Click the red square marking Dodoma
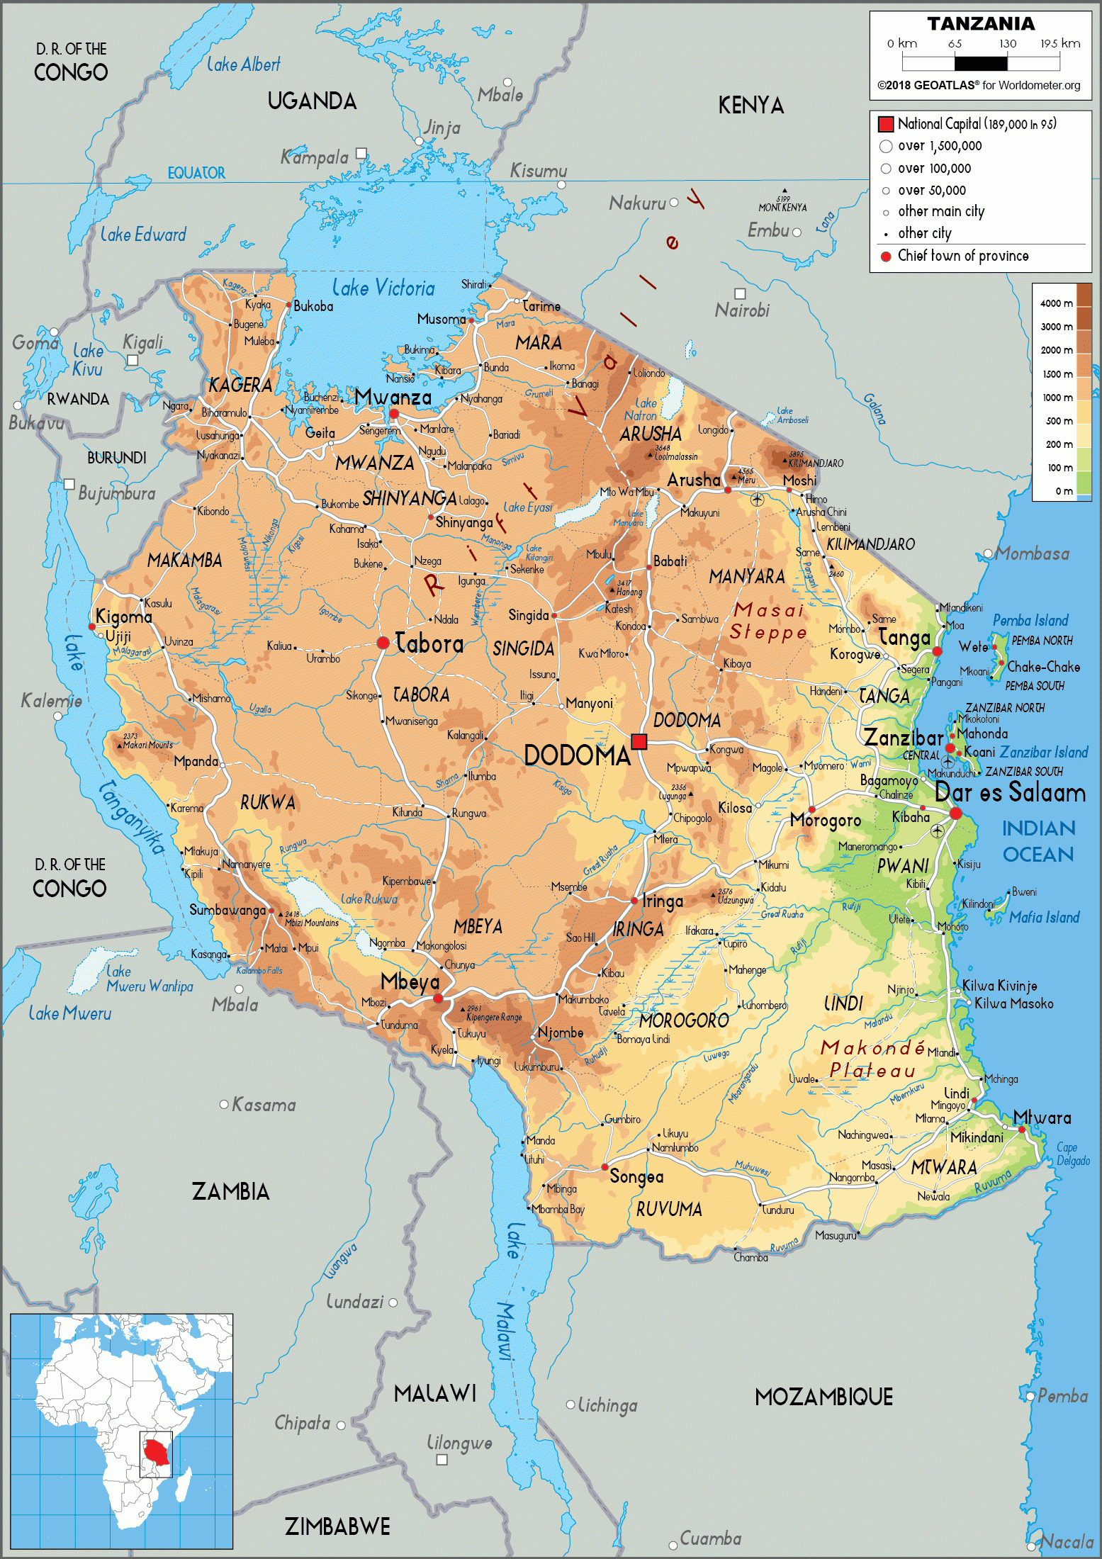639,741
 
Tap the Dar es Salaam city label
1010,792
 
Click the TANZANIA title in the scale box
981,24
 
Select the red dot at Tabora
383,643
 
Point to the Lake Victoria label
383,288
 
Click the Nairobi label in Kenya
742,310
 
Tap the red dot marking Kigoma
91,626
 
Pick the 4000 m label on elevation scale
1056,303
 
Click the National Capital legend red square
886,124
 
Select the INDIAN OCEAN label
1038,841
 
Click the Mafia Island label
1044,918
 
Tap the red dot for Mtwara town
1021,1129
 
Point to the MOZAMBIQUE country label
823,1397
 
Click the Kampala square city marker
361,153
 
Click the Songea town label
636,1177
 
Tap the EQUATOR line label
196,173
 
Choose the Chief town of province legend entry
962,256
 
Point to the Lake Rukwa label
369,899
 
